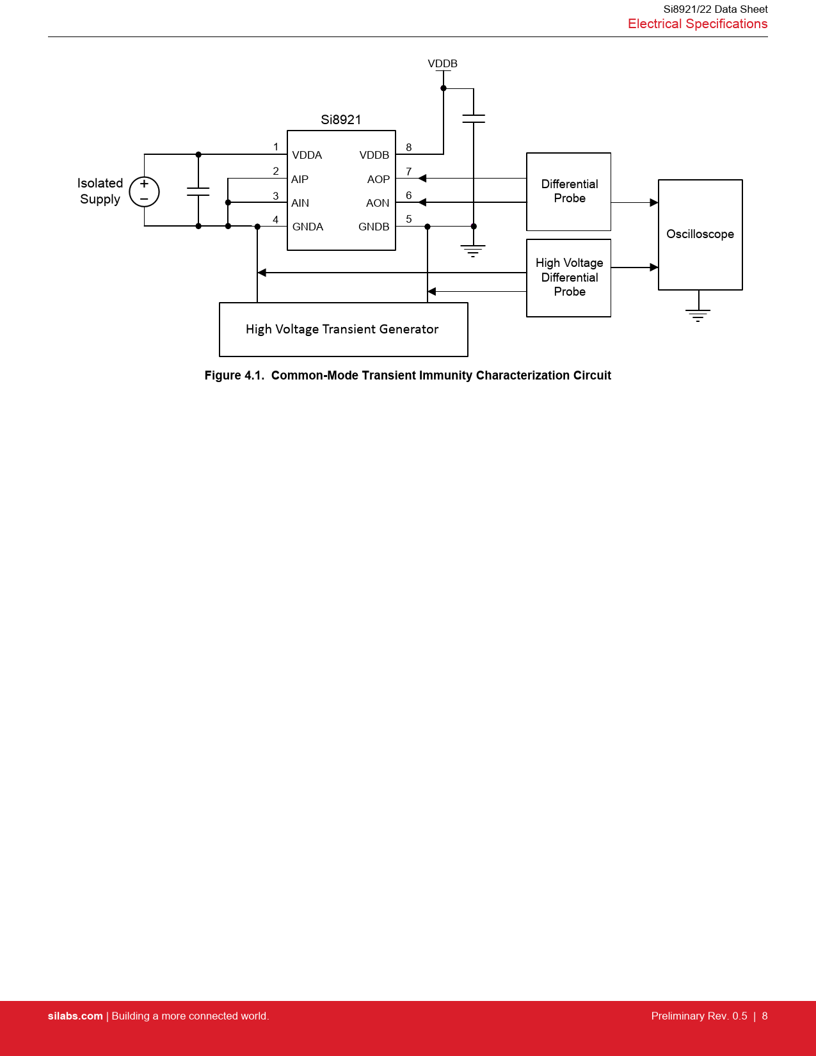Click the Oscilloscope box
700,234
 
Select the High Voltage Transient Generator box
343,329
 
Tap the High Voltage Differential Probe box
568,278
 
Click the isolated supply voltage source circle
144,191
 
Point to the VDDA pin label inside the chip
307,155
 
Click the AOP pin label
378,179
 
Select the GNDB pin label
374,227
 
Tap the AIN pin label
300,203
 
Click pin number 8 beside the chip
409,147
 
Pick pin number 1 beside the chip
276,147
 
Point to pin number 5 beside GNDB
409,219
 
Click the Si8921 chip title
340,120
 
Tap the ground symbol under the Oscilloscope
698,315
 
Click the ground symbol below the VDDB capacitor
473,250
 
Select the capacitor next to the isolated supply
198,191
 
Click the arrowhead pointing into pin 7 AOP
422,179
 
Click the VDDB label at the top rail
442,63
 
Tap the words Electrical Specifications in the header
697,24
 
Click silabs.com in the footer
75,1016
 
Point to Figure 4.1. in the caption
234,375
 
